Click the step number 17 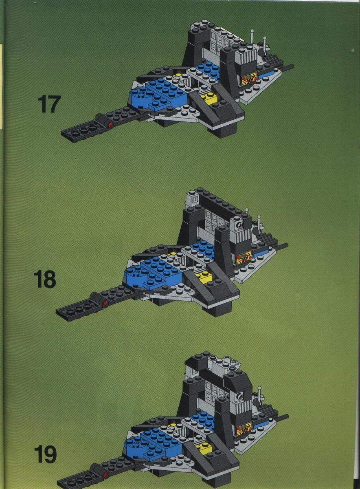pos(49,105)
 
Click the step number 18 pos(45,280)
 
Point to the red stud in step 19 pos(106,472)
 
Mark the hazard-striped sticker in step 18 pos(244,258)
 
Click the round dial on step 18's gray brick pos(239,225)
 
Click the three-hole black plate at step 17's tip pos(81,130)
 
